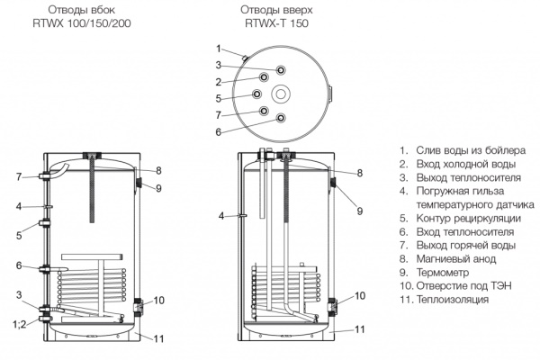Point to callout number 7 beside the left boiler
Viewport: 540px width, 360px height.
pyautogui.click(x=17, y=176)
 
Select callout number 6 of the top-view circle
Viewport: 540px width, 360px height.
pyautogui.click(x=219, y=131)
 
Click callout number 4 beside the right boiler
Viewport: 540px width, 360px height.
pyautogui.click(x=220, y=216)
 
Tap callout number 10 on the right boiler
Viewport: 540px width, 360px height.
pyautogui.click(x=360, y=296)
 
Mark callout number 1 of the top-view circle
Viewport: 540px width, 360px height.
pyautogui.click(x=219, y=48)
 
